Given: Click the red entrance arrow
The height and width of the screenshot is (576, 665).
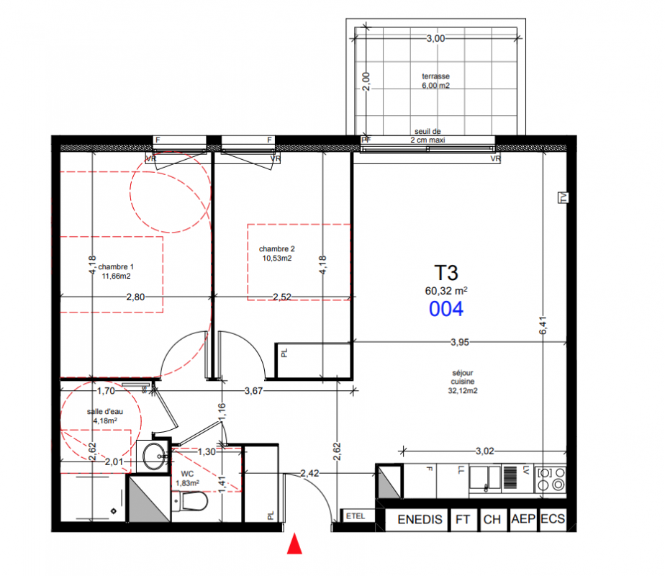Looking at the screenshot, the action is pyautogui.click(x=294, y=544).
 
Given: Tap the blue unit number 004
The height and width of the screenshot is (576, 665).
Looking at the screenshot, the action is pyautogui.click(x=446, y=309).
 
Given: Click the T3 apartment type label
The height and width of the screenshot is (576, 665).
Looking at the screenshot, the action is pyautogui.click(x=446, y=273).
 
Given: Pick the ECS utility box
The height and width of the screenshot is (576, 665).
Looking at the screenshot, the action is pyautogui.click(x=553, y=519).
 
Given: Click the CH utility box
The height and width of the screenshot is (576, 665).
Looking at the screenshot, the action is pyautogui.click(x=492, y=520).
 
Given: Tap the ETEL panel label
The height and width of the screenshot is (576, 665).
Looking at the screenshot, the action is pyautogui.click(x=356, y=516).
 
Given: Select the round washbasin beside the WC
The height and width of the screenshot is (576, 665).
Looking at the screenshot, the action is pyautogui.click(x=154, y=456).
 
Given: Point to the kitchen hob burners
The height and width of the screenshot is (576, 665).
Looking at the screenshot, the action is pyautogui.click(x=551, y=478).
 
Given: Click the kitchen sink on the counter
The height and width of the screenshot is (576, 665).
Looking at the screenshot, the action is pyautogui.click(x=485, y=478).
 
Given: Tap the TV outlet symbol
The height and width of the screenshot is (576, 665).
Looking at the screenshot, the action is pyautogui.click(x=564, y=197).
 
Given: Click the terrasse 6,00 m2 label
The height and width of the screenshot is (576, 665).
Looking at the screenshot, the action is pyautogui.click(x=435, y=81).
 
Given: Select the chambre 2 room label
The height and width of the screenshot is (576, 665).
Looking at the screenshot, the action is pyautogui.click(x=277, y=253).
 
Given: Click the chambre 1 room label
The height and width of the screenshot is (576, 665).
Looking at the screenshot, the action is pyautogui.click(x=116, y=271).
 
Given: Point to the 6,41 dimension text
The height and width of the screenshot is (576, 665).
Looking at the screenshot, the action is pyautogui.click(x=543, y=325).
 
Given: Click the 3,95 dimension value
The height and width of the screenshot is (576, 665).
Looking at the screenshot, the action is pyautogui.click(x=460, y=342).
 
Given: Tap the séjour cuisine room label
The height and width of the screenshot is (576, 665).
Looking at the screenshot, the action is pyautogui.click(x=463, y=382).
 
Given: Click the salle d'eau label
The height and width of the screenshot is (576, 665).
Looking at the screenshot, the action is pyautogui.click(x=105, y=416).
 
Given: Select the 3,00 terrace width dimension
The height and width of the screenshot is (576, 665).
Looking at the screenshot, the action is pyautogui.click(x=435, y=39).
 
